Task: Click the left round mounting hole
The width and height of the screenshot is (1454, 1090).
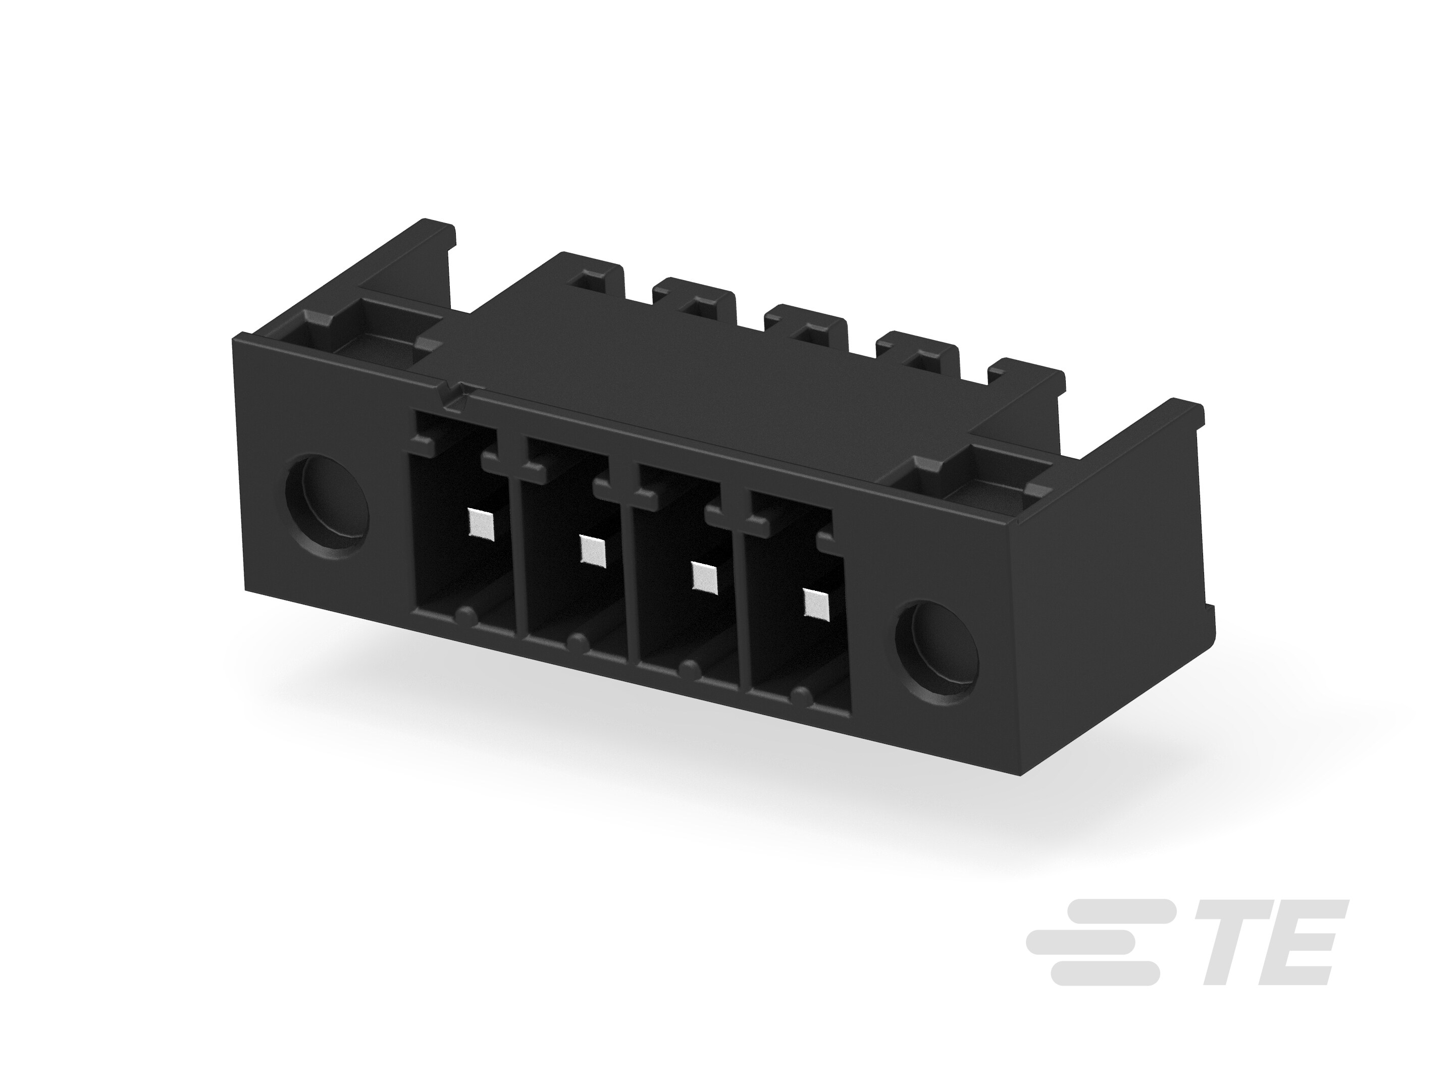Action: pos(327,507)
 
